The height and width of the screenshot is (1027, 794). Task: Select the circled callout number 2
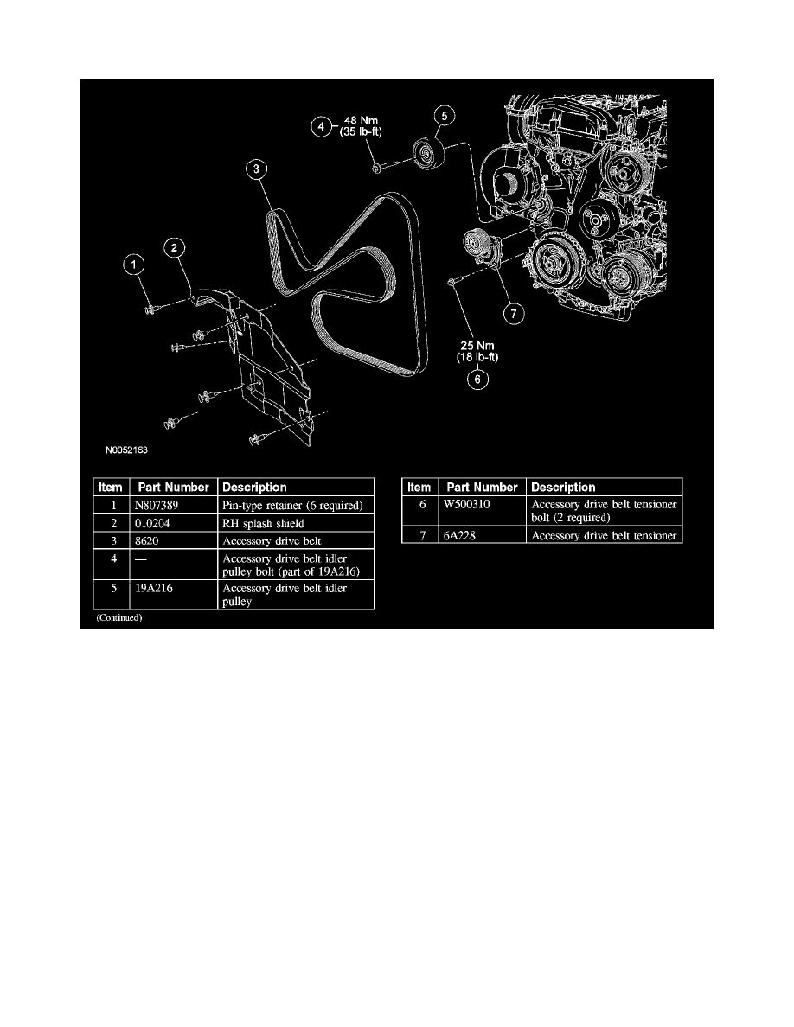(x=175, y=249)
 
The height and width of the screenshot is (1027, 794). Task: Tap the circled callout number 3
(x=257, y=169)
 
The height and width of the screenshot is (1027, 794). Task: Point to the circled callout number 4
(x=321, y=127)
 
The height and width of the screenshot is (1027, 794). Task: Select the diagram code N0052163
(x=132, y=450)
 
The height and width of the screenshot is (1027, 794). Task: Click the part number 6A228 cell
(x=460, y=536)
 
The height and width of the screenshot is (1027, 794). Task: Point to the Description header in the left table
(x=255, y=488)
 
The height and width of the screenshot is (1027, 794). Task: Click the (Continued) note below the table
(x=118, y=618)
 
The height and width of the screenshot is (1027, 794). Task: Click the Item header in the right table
(x=419, y=488)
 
